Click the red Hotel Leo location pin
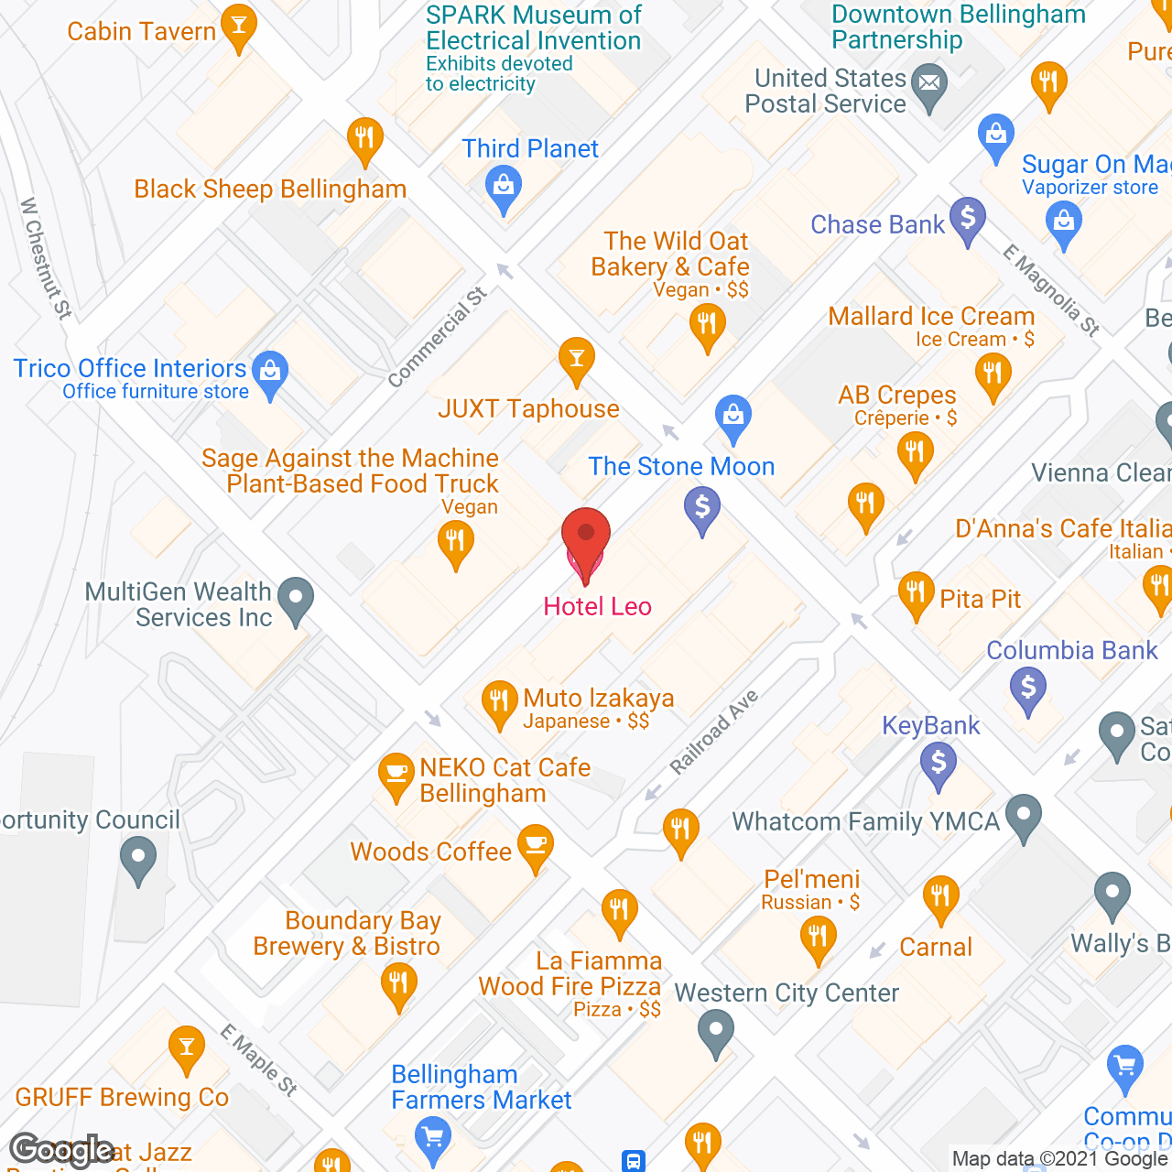pos(585,540)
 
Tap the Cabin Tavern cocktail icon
pos(239,27)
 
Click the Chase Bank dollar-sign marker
pos(967,219)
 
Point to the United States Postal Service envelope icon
pos(929,85)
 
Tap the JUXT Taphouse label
pos(528,408)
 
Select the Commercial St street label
pos(438,337)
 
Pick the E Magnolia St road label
pos(1050,290)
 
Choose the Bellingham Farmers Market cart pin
pos(432,1138)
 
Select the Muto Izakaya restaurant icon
pos(499,702)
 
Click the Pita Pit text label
pos(980,599)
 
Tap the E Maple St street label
pos(259,1060)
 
